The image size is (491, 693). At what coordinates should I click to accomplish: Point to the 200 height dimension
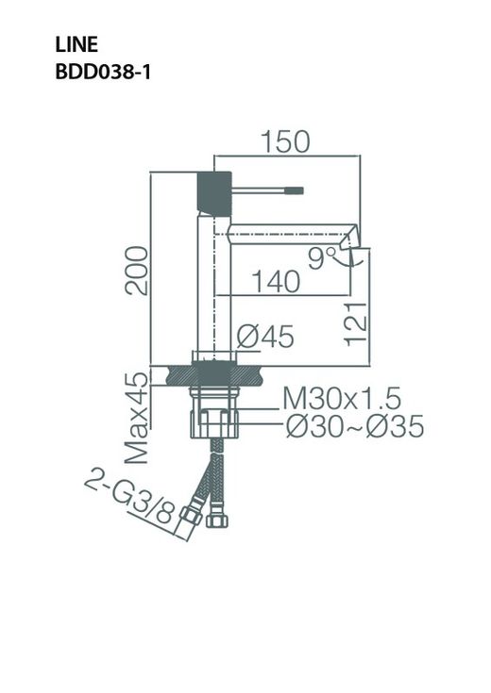coord(137,271)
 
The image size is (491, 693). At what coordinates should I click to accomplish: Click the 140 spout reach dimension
coord(275,280)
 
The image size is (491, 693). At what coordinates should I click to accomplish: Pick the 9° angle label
coord(322,255)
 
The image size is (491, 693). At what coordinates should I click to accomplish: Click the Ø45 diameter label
coord(266,335)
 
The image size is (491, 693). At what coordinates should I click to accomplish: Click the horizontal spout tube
coord(283,232)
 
